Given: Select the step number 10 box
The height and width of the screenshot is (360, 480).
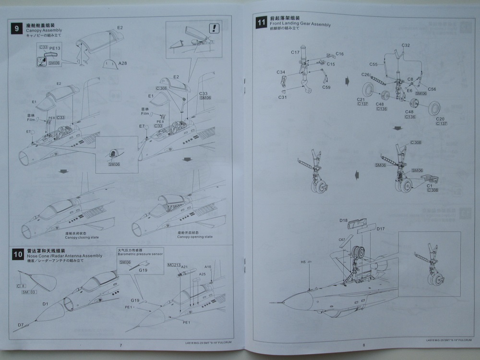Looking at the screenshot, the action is point(17,255).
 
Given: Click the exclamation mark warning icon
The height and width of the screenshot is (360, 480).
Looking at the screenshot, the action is point(215,28).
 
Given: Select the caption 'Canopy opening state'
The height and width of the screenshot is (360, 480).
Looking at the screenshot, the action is point(194,237).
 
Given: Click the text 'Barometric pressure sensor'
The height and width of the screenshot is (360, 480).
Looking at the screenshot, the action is point(139,254).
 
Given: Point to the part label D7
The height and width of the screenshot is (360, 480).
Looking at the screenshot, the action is point(21,325).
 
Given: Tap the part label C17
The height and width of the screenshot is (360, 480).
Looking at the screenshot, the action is point(295,52).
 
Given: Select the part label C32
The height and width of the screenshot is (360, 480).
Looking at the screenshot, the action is point(406,45).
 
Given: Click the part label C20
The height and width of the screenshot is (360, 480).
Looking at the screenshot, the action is point(441,119).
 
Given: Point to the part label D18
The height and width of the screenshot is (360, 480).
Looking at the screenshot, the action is point(343,220).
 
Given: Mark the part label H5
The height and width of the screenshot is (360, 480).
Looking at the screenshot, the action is point(303,262).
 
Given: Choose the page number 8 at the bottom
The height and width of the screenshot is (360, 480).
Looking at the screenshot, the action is point(363,345).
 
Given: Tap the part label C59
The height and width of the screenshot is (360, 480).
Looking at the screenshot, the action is point(326,87).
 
